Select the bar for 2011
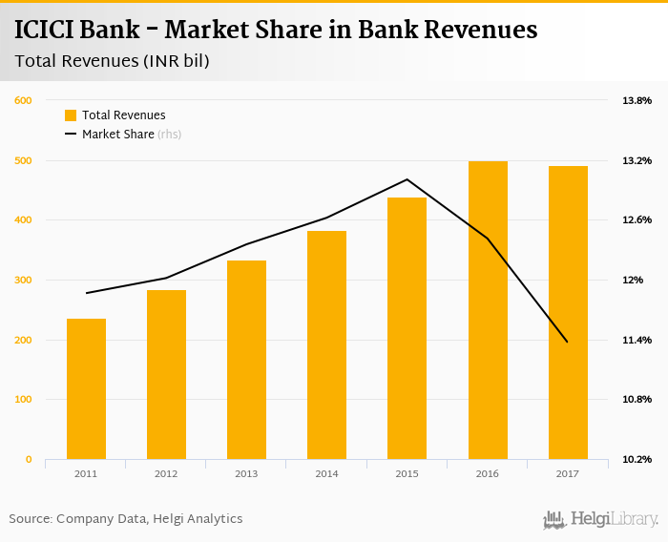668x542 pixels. point(86,388)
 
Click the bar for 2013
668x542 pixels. point(246,360)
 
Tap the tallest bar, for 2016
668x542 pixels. point(488,310)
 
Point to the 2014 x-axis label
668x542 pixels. point(326,473)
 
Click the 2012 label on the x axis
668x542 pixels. point(166,473)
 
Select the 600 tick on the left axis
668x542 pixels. point(24,100)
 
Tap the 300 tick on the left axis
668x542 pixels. point(24,281)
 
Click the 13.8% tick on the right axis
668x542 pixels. point(637,100)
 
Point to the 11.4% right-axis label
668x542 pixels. point(637,341)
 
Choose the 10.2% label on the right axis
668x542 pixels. point(637,460)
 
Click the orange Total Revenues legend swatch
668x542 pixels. point(71,115)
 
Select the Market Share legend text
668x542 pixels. point(118,135)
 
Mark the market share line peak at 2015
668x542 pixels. point(407,179)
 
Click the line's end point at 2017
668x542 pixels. point(568,342)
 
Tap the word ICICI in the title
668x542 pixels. point(47,30)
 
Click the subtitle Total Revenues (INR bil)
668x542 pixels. point(113,62)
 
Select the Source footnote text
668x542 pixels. point(126,519)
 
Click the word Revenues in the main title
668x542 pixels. point(473,30)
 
